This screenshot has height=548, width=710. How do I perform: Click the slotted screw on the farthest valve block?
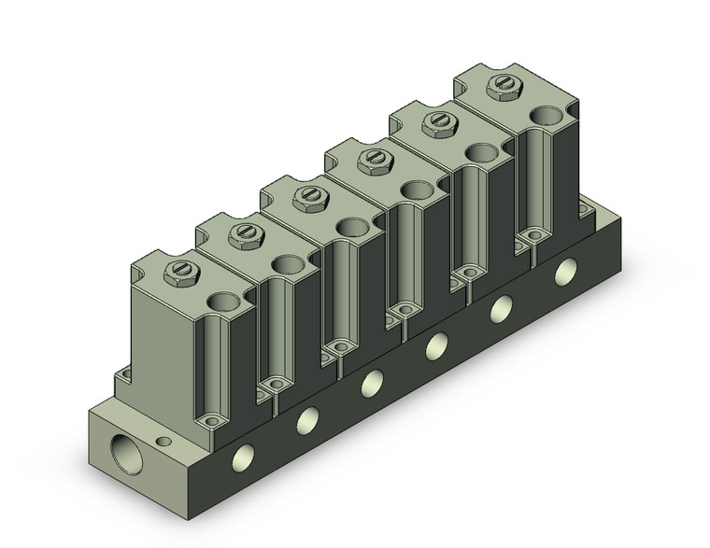coord(500,89)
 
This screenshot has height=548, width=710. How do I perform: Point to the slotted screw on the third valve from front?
coord(307,197)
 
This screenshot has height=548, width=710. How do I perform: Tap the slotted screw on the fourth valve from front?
coord(371,161)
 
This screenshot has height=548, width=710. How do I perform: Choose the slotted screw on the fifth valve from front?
coord(435,123)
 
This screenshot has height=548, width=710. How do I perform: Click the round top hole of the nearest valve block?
coord(222,302)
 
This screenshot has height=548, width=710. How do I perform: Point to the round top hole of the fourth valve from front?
coord(417,190)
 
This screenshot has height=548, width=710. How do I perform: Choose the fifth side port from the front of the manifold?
coord(502,308)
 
